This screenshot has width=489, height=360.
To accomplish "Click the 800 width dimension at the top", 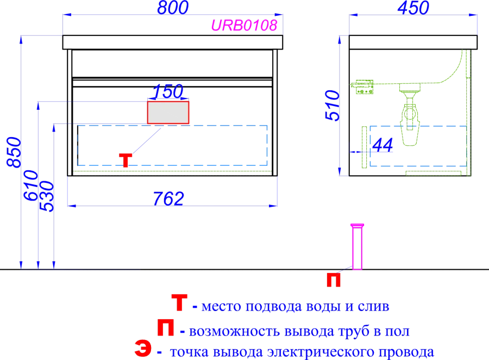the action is click(x=173, y=8).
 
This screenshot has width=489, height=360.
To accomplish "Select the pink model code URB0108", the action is click(x=244, y=26).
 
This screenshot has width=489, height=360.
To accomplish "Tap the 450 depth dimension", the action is click(x=413, y=8).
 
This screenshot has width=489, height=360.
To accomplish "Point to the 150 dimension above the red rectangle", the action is click(x=168, y=91).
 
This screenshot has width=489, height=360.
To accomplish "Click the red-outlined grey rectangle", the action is click(x=168, y=113).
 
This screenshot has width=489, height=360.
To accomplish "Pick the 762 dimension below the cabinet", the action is click(x=168, y=198).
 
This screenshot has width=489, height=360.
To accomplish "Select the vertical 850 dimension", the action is click(x=14, y=152).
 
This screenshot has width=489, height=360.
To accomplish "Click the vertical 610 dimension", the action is click(x=30, y=185).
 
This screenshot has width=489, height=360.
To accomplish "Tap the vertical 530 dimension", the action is click(x=47, y=197).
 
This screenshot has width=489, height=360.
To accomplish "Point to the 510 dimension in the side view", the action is click(x=332, y=105).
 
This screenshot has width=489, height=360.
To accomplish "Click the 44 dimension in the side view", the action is click(x=383, y=145).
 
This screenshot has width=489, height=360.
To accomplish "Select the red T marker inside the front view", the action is click(x=126, y=160).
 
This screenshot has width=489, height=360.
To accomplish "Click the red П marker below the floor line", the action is click(x=334, y=280).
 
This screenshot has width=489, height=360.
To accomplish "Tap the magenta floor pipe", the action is click(x=358, y=246).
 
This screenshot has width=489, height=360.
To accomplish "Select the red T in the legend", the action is click(x=179, y=302).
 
